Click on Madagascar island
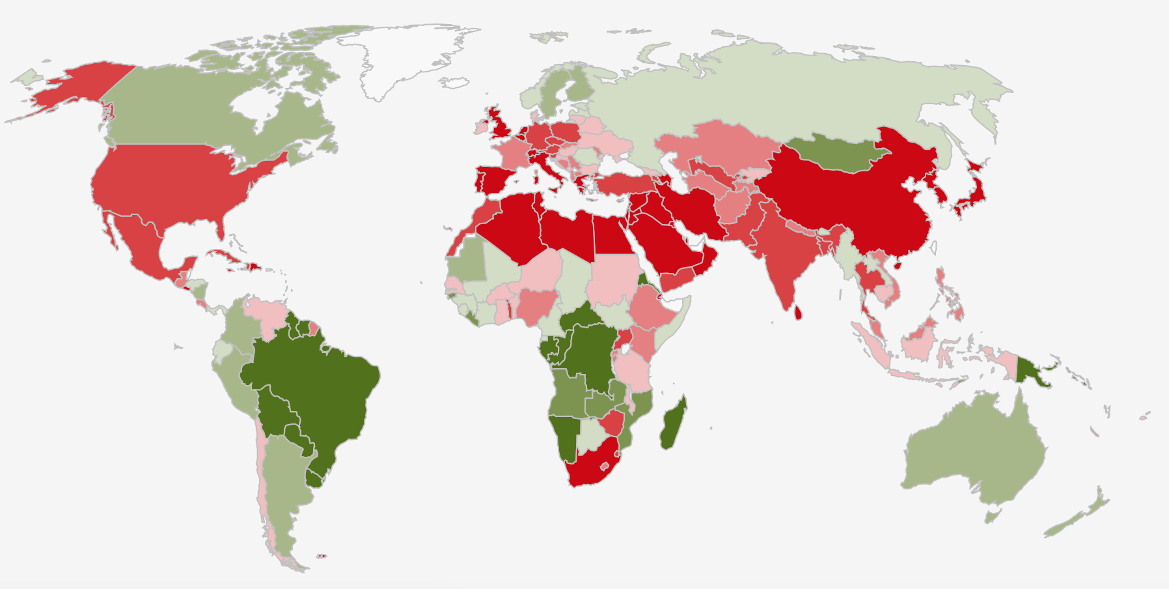click(x=673, y=425)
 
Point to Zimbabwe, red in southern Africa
click(x=611, y=423)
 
